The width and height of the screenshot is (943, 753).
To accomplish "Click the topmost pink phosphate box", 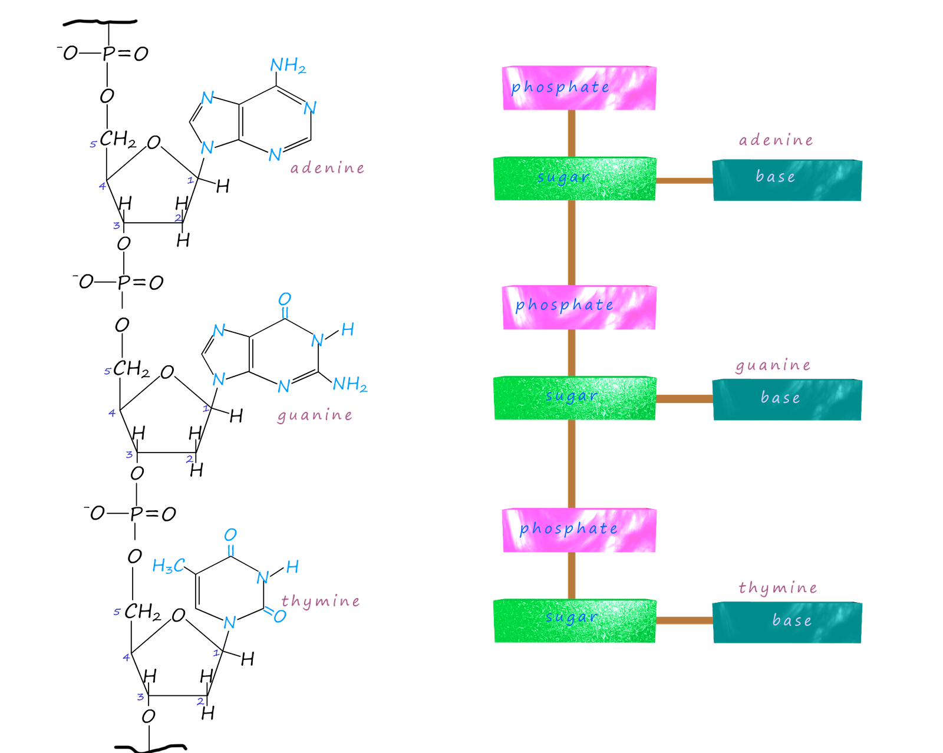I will pos(579,88).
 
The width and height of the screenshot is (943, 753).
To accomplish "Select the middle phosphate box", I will pos(579,308).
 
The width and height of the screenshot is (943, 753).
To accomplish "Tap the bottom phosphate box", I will pos(579,530).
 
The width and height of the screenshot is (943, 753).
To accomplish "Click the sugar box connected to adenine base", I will pos(575,179).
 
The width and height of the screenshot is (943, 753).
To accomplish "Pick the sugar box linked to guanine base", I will pos(575,398).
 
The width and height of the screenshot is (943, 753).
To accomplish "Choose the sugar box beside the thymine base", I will pos(575,620).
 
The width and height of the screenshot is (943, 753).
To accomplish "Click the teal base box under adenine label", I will pos(787,180).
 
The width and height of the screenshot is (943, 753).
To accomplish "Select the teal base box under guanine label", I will pos(787,399).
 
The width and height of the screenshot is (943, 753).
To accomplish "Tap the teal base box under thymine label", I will pos(787,622).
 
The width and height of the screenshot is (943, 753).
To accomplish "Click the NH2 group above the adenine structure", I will pos(288,65).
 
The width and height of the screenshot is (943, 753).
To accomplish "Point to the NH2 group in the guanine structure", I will pos(349,385).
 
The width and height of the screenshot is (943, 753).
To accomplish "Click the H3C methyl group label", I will pos(168,566).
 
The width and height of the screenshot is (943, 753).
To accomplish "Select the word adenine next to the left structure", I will pos(327,169).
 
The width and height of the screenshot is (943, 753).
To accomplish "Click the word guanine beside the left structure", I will pos(315,416).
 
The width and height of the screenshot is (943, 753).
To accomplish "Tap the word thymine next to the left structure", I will pos(320,602).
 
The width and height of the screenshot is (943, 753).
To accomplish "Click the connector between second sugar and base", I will pos(684,399).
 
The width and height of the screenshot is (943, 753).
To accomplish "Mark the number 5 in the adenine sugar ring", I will pos(93,144).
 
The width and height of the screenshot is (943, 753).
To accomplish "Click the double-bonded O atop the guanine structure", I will pos(284,299).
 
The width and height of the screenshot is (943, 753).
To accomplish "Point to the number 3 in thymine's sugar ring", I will pos(140,698).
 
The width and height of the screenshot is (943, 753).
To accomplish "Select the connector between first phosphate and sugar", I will pos(571,133).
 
